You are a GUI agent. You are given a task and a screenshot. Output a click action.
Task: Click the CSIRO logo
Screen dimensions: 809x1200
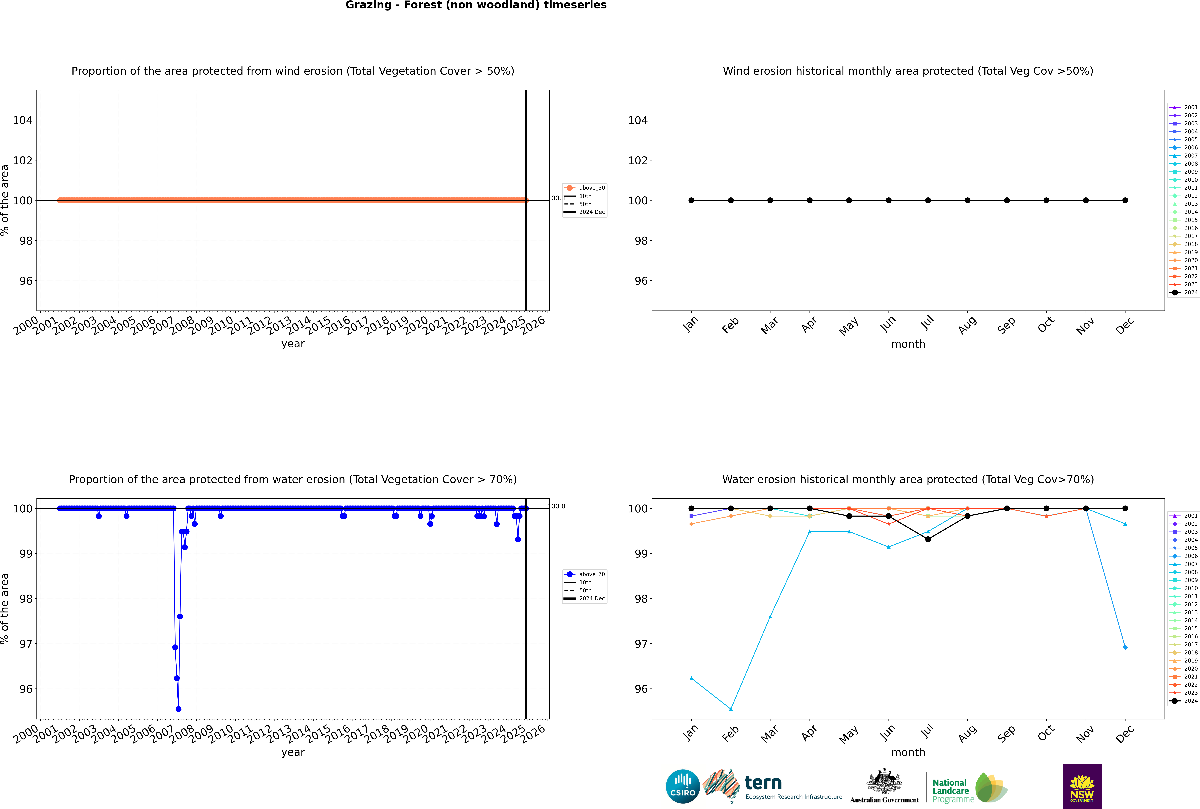click(683, 786)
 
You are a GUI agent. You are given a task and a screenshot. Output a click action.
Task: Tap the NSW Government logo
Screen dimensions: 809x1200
click(1082, 786)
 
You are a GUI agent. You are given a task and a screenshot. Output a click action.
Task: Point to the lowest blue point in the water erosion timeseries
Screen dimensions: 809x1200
click(178, 709)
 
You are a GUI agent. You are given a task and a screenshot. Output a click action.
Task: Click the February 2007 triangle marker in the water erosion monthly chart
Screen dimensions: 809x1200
click(731, 709)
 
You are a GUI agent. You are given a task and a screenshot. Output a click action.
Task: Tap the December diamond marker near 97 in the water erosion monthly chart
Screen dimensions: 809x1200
click(1125, 647)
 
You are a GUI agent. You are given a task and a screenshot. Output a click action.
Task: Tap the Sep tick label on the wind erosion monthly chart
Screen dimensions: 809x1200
click(1006, 325)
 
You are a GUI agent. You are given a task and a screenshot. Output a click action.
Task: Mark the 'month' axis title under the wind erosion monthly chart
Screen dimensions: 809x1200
click(908, 344)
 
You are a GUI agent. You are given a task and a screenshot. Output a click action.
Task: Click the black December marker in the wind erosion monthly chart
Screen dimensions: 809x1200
click(1125, 200)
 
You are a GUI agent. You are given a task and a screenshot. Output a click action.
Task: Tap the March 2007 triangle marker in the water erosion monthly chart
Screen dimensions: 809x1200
click(770, 617)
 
